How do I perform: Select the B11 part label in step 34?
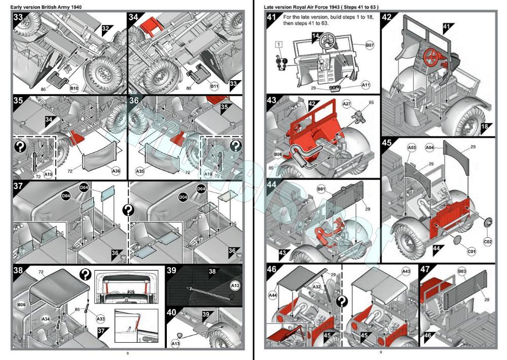click(215, 87)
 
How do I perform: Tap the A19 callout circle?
click(48, 174)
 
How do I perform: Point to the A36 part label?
click(116, 171)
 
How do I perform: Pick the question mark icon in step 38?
click(85, 275)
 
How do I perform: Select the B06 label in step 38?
click(21, 305)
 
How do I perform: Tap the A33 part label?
click(100, 319)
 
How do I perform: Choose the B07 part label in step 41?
click(370, 45)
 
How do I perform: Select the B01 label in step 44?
click(321, 190)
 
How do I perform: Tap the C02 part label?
click(488, 242)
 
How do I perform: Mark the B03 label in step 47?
click(462, 272)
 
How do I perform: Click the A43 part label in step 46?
click(406, 272)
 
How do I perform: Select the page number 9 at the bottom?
click(380, 352)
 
